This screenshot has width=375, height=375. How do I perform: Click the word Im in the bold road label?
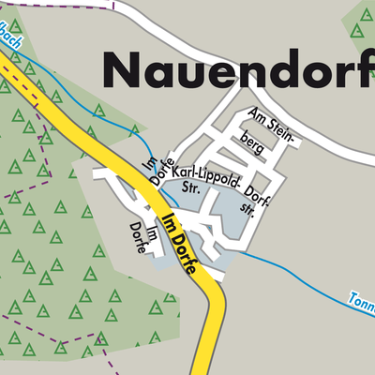pos(168,223)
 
